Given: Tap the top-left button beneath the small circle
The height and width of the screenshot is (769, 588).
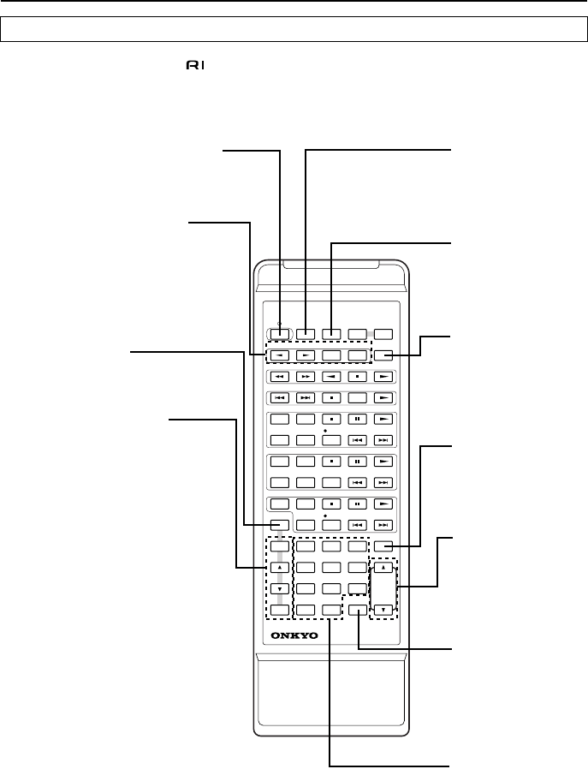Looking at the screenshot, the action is (280, 334).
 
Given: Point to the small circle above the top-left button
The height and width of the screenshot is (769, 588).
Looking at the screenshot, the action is (280, 325).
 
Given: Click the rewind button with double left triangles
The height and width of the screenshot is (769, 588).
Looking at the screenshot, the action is (280, 376).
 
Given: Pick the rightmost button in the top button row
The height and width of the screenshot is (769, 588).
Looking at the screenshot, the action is (384, 334).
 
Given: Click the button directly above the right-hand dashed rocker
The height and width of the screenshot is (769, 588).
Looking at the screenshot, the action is (384, 545).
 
